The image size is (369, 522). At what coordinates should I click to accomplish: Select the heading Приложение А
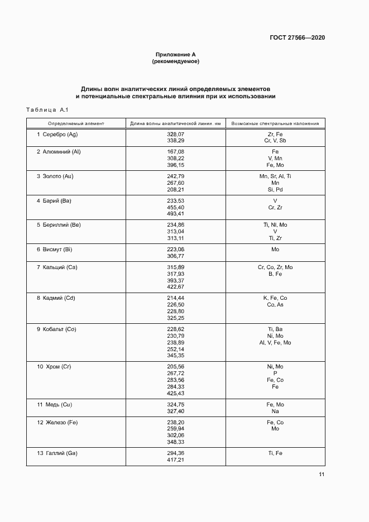[x=175, y=55]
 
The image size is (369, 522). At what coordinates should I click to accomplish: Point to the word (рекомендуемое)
[x=175, y=61]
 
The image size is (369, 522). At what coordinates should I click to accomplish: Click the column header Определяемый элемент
[x=76, y=123]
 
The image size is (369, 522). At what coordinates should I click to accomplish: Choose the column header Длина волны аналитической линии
[x=175, y=123]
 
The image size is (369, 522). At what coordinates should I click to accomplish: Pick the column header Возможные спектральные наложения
[x=275, y=123]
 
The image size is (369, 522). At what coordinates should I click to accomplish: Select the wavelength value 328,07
[x=175, y=135]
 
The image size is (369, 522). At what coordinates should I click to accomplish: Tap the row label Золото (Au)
[x=58, y=176]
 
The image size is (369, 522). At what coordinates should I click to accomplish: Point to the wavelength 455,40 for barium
[x=175, y=207]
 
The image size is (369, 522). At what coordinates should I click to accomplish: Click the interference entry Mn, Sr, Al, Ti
[x=275, y=176]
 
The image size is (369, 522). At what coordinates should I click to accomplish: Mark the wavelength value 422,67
[x=175, y=287]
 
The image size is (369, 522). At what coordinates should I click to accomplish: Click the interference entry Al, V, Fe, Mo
[x=275, y=342]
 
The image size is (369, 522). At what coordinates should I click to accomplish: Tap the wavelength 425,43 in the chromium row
[x=175, y=393]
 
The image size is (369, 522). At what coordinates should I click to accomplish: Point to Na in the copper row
[x=275, y=411]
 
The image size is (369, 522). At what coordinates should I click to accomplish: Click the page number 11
[x=322, y=475]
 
